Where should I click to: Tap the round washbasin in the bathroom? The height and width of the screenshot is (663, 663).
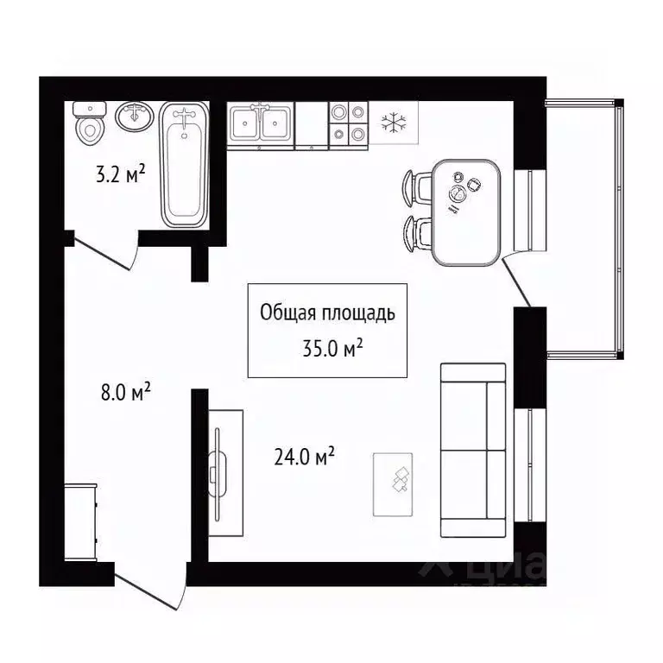[135, 116]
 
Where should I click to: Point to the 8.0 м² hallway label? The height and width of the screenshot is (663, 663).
[126, 394]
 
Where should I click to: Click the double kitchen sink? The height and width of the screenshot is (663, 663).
[261, 126]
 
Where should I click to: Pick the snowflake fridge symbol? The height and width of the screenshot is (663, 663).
[394, 122]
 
